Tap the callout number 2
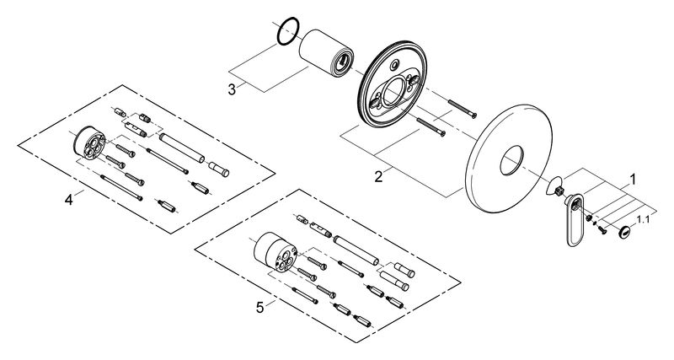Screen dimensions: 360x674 [x=379, y=177]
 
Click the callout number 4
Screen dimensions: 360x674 [x=69, y=199]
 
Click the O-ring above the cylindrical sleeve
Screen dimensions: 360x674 [x=287, y=30]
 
